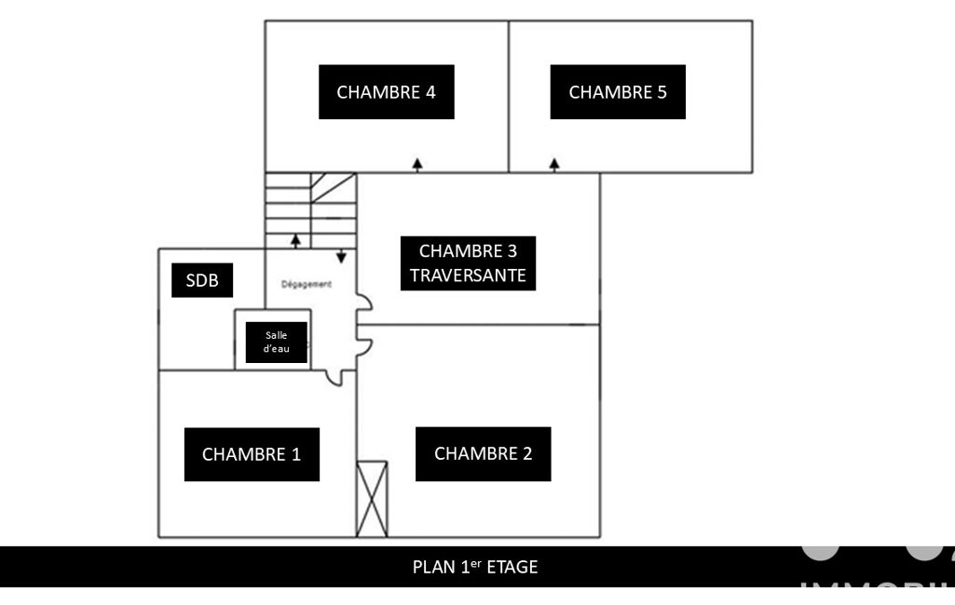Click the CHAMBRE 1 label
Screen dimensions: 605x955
(252, 454)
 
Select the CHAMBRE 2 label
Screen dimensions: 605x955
(483, 453)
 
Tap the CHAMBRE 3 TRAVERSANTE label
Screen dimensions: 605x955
(468, 263)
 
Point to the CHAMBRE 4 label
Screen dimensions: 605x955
(386, 92)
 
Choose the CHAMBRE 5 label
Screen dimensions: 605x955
(618, 92)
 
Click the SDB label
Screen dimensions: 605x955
(201, 281)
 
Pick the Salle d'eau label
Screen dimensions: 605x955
(276, 342)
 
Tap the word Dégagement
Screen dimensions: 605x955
(307, 285)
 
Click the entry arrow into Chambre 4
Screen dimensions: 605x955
(417, 164)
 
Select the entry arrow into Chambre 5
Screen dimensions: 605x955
(554, 164)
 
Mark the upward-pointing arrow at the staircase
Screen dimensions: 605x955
(295, 240)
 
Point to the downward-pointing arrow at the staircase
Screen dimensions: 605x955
(341, 255)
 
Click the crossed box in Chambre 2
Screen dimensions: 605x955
(372, 499)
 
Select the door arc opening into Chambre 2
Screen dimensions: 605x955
(367, 347)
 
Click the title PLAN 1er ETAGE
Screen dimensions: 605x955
(475, 566)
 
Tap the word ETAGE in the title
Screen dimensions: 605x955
(513, 566)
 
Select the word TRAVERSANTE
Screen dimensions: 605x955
(468, 276)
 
